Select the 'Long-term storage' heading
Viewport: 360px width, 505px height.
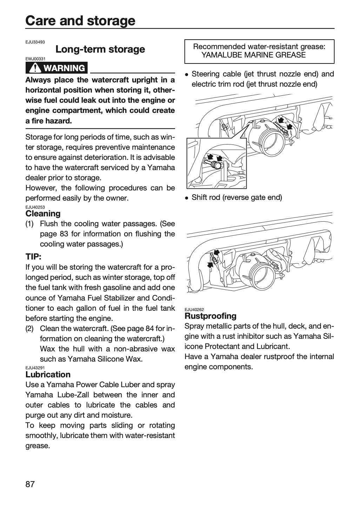100,49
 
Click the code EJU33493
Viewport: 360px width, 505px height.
35,42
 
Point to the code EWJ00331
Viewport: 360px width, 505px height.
35,59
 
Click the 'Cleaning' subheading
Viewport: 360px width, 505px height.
43,213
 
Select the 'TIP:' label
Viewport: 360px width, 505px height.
33,257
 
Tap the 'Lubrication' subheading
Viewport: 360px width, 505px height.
48,375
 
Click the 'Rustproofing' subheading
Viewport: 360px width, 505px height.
211,316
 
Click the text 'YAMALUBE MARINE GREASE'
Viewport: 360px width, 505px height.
254,55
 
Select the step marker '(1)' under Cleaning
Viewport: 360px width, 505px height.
29,224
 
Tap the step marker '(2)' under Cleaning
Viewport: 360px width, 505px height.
29,329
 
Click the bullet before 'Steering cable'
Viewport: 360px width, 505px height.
187,74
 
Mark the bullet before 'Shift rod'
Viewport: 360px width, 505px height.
187,198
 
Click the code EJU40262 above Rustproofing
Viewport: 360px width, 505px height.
194,310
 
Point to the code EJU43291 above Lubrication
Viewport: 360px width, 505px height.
35,368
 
